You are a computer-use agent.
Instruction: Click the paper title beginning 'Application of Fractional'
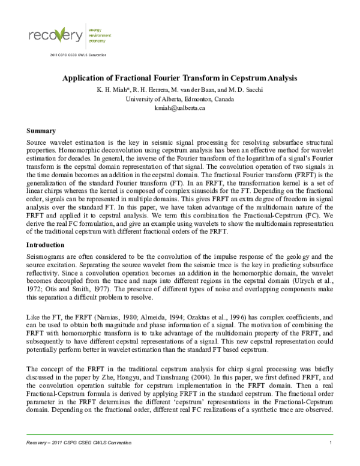180,79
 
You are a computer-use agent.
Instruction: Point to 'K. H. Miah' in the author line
110,90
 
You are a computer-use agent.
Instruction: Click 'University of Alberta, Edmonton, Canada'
180,98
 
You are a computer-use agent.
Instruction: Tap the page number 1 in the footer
331,443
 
